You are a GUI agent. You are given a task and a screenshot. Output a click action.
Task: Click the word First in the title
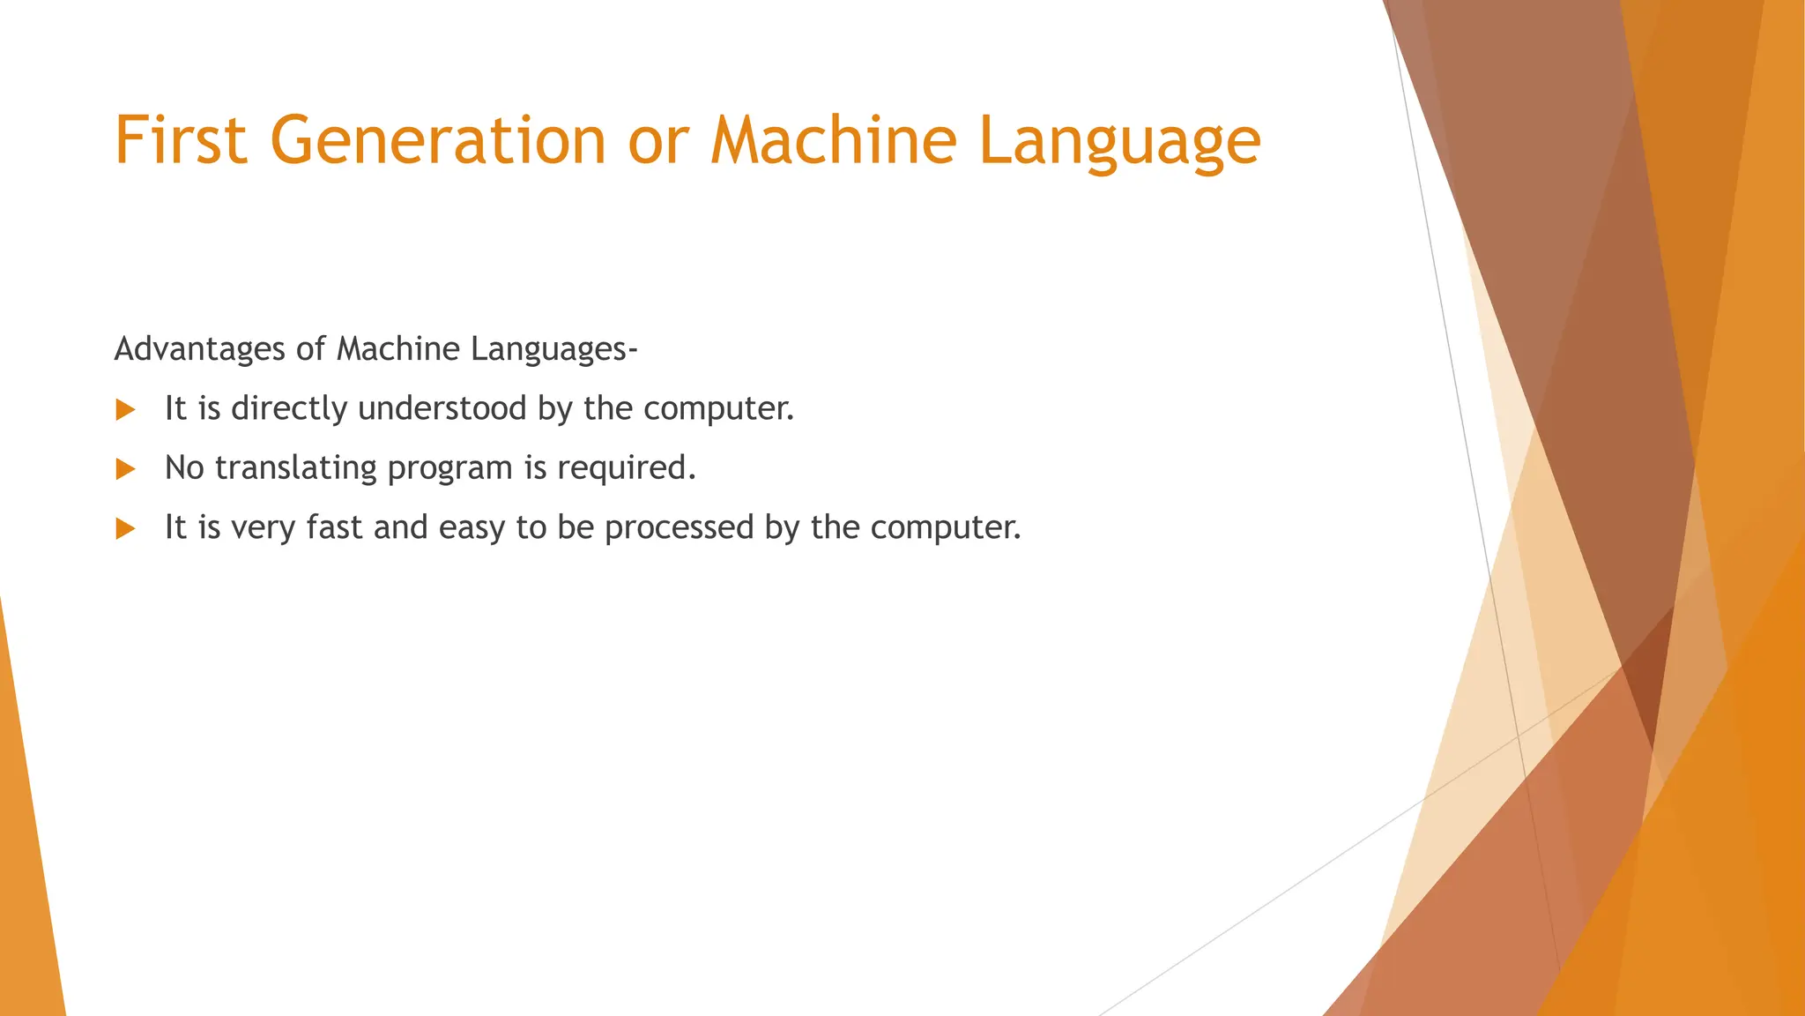tap(181, 140)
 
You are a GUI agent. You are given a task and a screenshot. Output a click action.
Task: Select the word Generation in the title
tap(438, 140)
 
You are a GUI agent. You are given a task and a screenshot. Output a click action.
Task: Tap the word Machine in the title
tap(834, 140)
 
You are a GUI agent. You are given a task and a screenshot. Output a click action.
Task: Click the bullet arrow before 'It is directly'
tap(125, 409)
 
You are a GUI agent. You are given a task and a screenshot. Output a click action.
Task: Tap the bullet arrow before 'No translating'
tap(125, 468)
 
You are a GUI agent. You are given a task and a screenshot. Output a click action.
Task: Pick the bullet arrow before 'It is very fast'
tap(125, 528)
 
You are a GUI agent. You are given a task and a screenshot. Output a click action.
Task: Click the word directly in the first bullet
tap(289, 409)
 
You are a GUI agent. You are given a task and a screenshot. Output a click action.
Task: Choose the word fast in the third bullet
tap(334, 527)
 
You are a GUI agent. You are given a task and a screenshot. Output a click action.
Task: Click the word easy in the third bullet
tap(472, 528)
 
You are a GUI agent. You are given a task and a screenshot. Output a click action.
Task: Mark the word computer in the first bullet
tap(718, 409)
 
